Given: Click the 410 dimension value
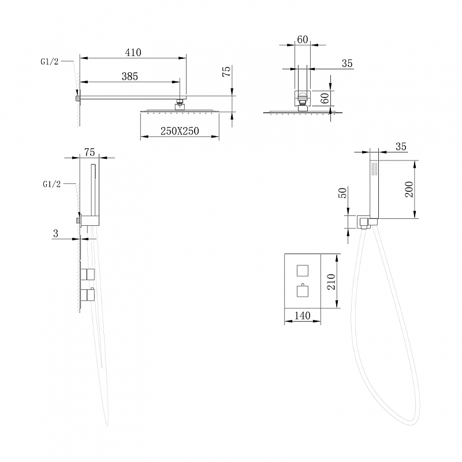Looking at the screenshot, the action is pos(133,53).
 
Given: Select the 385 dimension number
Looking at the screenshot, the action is pos(130,76).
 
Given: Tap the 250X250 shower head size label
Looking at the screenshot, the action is pos(180,131).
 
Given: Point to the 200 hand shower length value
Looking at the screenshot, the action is pos(409,189).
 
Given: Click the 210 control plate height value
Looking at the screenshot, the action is pos(331,282).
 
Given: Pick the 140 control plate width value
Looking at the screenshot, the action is pos(303,315).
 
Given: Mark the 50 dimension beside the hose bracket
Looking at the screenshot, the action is pos(344,193).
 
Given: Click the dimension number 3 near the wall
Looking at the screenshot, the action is pos(55,233).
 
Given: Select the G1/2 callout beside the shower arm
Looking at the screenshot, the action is pos(50,62).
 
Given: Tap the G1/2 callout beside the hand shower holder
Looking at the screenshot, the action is pos(51,184).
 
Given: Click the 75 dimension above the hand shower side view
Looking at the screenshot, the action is pos(90,152).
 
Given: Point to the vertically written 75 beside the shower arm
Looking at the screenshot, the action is pos(226,71).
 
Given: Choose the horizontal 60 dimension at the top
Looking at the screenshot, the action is pos(303,39).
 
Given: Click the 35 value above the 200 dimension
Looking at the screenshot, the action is pos(401,147).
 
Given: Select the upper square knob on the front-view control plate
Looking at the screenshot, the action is pos(302,270).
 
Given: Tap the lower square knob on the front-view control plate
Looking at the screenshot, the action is pos(302,291).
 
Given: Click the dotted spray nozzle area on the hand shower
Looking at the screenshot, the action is pos(374,169).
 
